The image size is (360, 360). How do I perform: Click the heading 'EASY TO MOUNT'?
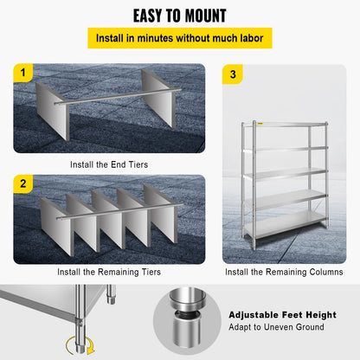click(x=180, y=16)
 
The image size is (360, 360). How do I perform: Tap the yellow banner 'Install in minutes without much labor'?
click(x=180, y=39)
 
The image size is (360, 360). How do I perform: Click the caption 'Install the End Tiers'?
click(x=109, y=163)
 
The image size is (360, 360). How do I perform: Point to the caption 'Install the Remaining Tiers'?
click(x=109, y=272)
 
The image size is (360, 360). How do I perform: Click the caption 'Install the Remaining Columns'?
click(x=284, y=272)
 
